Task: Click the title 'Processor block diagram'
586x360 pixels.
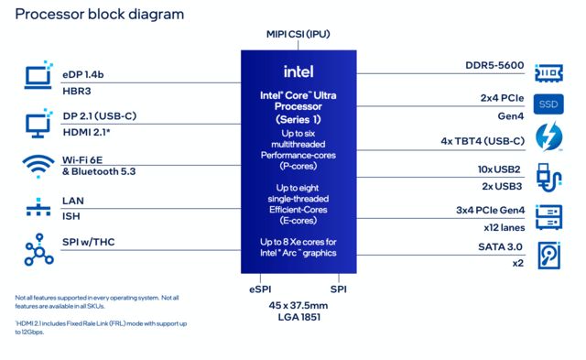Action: pos(99,15)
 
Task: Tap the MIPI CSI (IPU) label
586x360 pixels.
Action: pos(298,36)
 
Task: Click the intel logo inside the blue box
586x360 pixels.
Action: pos(299,71)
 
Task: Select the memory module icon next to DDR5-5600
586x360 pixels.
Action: pos(548,71)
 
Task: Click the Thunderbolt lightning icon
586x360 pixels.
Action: pos(548,139)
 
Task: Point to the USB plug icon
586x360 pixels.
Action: pos(548,175)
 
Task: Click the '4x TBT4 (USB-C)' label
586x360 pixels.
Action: pos(483,141)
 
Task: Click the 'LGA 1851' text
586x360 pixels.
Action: pos(298,317)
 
